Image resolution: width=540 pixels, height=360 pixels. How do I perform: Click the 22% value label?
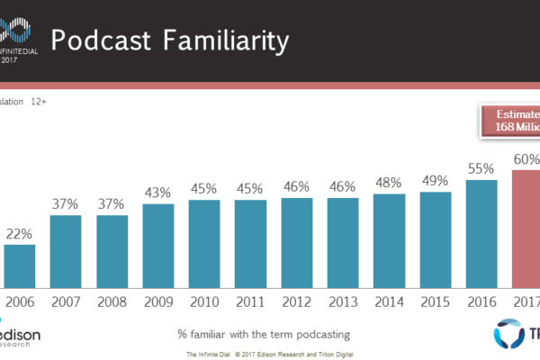pyautogui.click(x=20, y=234)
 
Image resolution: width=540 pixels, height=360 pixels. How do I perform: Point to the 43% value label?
pyautogui.click(x=157, y=193)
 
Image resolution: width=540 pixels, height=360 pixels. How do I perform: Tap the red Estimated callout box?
pyautogui.click(x=508, y=121)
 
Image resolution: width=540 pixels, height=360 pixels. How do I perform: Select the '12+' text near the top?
pyautogui.click(x=40, y=102)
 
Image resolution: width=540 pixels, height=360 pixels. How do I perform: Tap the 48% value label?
pyautogui.click(x=389, y=181)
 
